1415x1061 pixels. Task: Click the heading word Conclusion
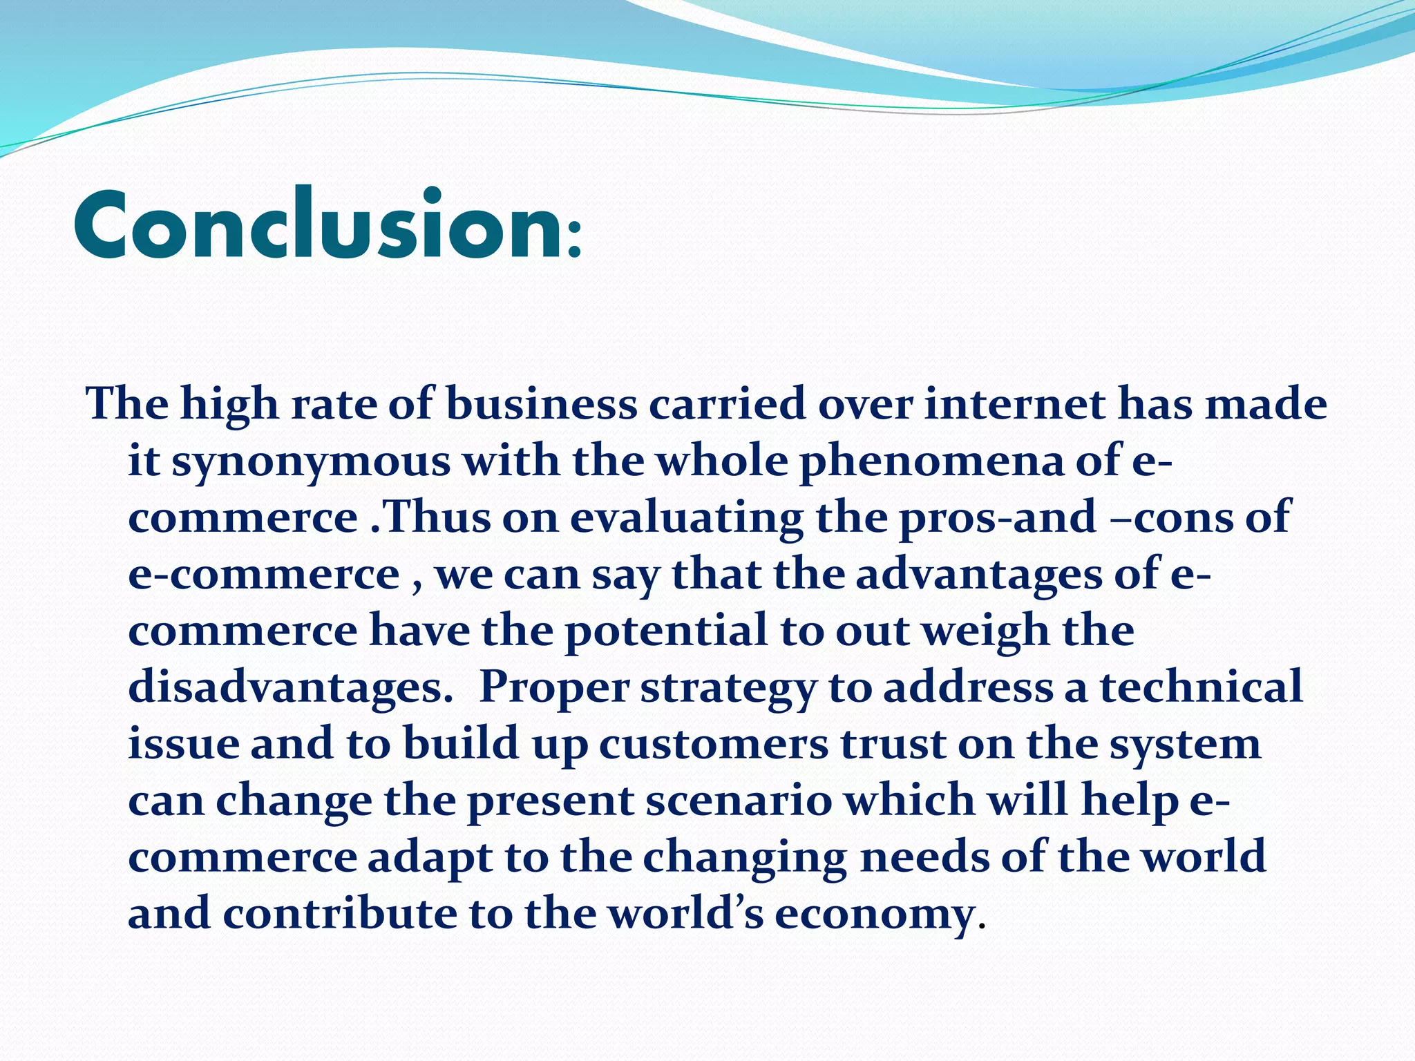(x=318, y=226)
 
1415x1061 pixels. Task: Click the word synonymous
(x=311, y=461)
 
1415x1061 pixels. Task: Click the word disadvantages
(x=290, y=687)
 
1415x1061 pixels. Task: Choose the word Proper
(x=554, y=687)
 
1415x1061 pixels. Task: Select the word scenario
(x=739, y=801)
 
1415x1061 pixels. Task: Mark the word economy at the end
(x=874, y=914)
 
